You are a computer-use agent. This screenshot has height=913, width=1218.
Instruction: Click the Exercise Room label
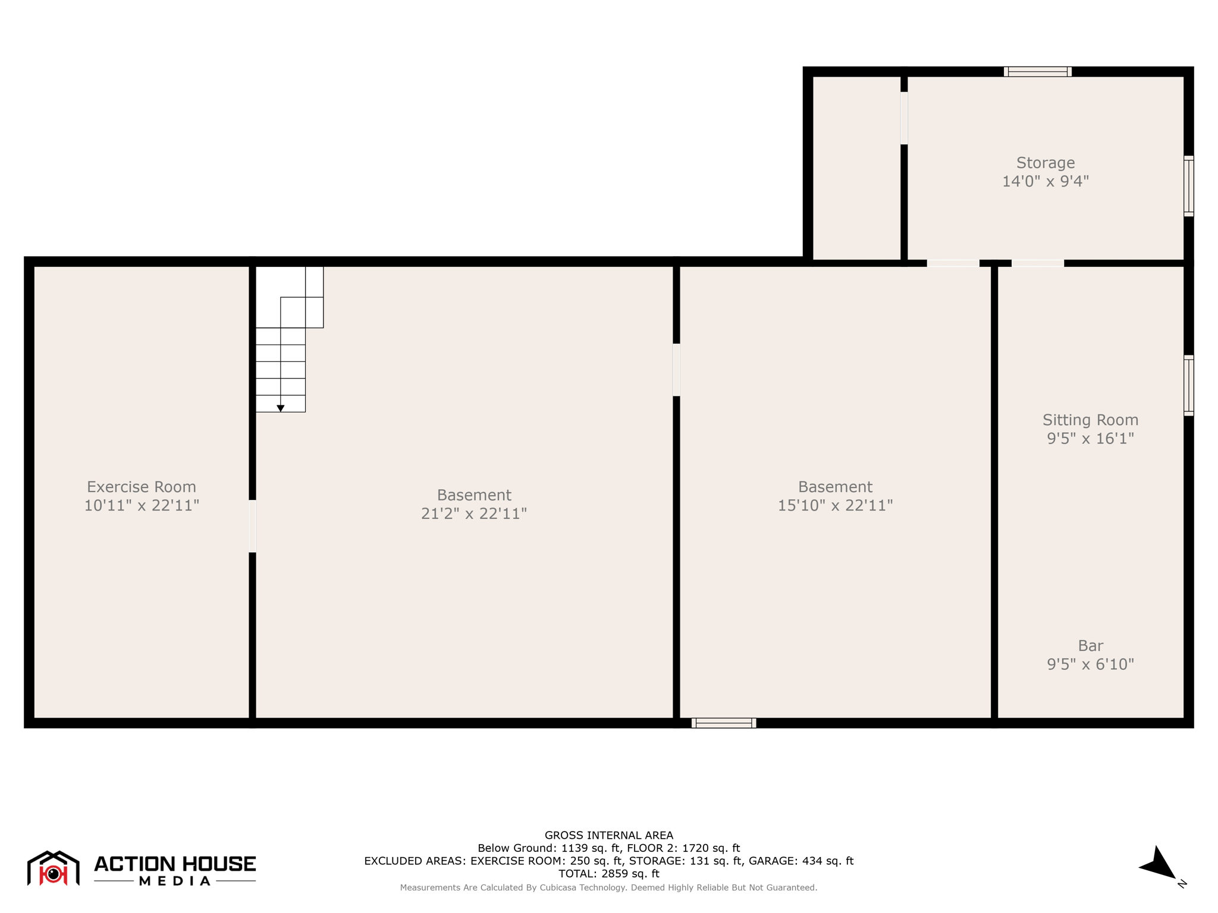141,487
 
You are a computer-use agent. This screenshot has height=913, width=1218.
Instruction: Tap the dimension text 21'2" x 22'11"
474,514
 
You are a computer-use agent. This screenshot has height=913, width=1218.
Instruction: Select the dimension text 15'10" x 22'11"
835,505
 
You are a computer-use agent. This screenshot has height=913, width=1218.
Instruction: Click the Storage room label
1045,163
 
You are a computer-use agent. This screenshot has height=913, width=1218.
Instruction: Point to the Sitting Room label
1090,420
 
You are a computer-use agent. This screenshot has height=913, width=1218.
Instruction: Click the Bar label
1090,646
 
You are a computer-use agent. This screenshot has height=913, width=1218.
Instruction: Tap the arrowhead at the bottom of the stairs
281,408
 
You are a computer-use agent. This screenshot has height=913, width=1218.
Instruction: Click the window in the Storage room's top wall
1038,72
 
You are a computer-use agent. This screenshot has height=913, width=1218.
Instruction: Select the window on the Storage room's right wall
1188,186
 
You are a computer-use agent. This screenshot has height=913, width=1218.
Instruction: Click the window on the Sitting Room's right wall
1188,385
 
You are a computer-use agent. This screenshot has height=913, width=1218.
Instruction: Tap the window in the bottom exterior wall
724,723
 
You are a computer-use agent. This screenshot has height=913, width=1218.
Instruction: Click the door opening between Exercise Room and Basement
252,526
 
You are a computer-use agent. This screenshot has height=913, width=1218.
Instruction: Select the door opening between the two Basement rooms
676,370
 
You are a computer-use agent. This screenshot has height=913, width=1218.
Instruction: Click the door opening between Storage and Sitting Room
1038,263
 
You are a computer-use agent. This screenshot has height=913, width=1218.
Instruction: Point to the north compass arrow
1158,864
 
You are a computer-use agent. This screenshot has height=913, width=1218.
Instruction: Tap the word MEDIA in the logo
175,881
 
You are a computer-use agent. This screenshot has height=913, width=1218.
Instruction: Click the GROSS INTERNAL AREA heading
608,835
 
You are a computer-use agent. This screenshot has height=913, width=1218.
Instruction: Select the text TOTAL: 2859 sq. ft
608,874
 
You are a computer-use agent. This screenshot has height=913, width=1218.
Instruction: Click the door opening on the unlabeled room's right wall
904,118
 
